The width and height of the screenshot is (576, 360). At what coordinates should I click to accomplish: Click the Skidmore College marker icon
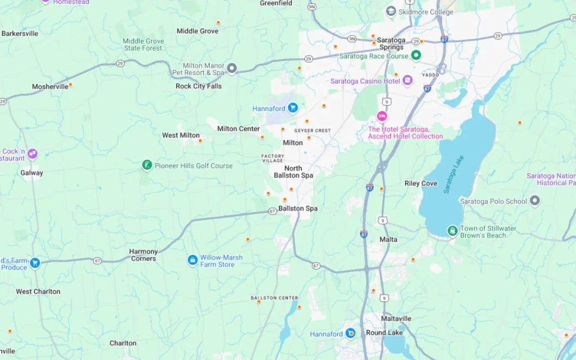(x=391, y=12)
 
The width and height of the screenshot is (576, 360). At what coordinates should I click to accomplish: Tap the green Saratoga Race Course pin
(x=416, y=55)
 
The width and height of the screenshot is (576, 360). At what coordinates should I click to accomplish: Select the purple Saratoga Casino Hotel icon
(x=408, y=80)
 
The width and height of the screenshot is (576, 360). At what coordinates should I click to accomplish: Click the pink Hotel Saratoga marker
(x=382, y=116)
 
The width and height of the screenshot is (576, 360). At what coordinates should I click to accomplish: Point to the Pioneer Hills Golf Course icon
(x=147, y=165)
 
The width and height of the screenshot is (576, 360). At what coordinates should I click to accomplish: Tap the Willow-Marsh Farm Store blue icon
(x=192, y=260)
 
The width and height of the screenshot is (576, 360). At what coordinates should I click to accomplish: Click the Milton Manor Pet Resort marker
(x=232, y=69)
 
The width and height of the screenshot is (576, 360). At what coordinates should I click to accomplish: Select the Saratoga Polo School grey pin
(x=535, y=201)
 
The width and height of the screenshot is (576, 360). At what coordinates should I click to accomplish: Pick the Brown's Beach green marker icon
(x=452, y=231)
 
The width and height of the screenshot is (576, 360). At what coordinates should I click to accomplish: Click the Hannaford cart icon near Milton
(x=292, y=108)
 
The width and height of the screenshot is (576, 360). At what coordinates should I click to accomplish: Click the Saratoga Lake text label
(x=455, y=177)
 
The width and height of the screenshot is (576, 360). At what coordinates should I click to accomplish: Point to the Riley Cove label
(x=421, y=183)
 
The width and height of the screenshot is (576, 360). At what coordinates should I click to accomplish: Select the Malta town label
(x=388, y=240)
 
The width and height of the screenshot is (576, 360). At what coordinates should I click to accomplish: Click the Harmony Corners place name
(x=143, y=255)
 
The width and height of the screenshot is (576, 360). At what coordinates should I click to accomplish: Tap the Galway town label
(x=31, y=173)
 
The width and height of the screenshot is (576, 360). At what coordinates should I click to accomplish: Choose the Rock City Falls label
(x=199, y=86)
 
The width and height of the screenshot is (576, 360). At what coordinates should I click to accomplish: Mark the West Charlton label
(x=38, y=291)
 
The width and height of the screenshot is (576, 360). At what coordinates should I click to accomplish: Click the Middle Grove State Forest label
(x=143, y=44)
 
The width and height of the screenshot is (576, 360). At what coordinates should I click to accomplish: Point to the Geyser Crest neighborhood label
(x=312, y=130)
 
